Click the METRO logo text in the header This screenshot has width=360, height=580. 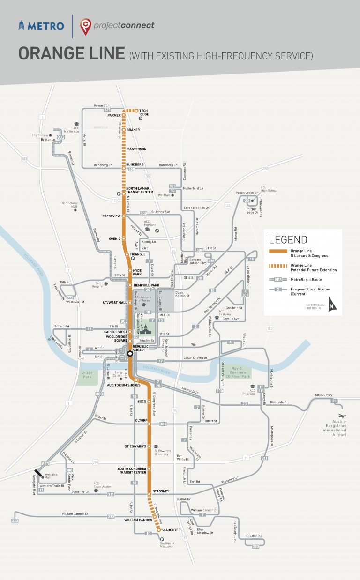tap(45, 26)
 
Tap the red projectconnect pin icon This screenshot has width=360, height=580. tap(85, 26)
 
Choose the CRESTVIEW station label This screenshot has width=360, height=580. tap(112, 216)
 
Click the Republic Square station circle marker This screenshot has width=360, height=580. tap(129, 354)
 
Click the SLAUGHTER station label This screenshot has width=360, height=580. tap(171, 530)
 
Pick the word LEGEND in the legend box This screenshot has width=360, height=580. tap(288, 240)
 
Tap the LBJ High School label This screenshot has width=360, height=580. tap(270, 189)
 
